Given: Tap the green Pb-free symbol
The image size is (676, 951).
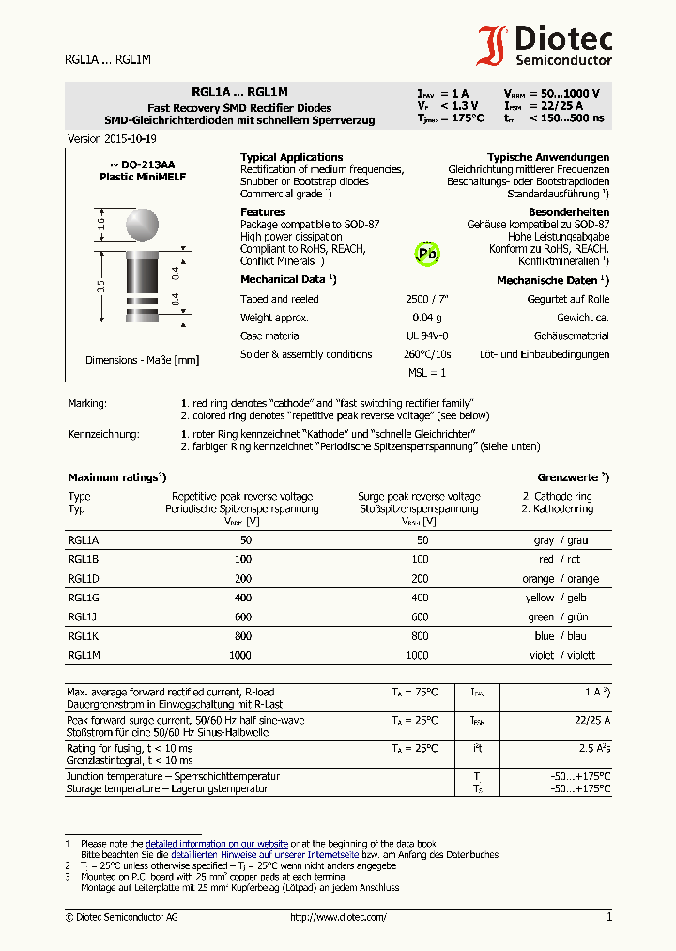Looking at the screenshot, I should point(427,253).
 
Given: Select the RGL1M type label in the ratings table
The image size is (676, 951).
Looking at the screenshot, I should point(84,655).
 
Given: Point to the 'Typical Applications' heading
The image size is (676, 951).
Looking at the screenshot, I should point(291,157).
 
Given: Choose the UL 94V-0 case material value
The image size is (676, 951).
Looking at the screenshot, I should point(427,335).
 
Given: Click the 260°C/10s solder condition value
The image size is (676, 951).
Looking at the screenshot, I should point(427,354).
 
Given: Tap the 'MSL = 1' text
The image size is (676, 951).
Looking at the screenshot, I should point(427,373).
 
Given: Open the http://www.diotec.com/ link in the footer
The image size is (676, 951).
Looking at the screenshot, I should point(338,917).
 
